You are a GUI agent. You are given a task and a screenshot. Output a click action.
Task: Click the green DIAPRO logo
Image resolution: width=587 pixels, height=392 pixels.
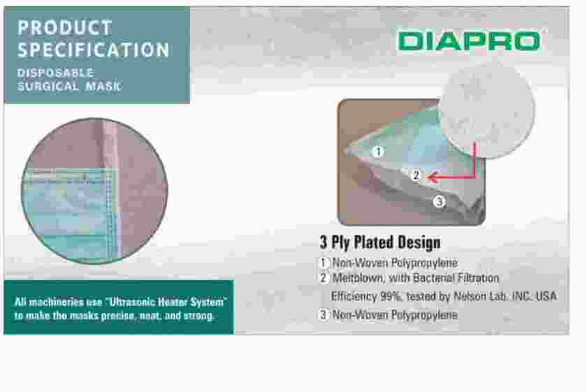[x=470, y=41]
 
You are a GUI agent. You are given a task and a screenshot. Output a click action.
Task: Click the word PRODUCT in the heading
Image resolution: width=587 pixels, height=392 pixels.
[x=65, y=28]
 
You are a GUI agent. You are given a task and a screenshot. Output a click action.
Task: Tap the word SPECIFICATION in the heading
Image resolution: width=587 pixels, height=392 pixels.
[x=94, y=50]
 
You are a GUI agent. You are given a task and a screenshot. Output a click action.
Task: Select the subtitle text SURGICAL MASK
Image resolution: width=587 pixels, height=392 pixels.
[x=69, y=87]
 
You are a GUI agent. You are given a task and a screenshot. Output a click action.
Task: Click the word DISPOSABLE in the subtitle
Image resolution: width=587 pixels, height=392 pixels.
[x=56, y=73]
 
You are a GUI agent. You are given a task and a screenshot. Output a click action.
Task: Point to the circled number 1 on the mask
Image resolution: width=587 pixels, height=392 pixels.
[x=378, y=152]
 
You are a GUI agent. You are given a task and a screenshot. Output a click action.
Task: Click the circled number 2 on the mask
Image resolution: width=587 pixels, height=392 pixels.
[x=416, y=175]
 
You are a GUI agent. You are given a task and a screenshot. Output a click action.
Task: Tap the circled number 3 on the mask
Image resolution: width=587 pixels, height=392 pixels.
[x=439, y=202]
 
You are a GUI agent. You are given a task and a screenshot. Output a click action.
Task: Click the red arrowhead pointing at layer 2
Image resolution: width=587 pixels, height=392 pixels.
[x=433, y=177]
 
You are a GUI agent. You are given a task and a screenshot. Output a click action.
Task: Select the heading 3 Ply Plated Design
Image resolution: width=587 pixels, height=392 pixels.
[x=380, y=242]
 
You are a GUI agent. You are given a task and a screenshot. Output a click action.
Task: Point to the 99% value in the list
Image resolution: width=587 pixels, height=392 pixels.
[x=391, y=296]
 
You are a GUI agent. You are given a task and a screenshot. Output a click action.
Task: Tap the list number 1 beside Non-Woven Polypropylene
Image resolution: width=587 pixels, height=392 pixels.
[x=324, y=263]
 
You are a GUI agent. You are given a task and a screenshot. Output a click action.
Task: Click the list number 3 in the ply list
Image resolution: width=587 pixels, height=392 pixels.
[x=324, y=314]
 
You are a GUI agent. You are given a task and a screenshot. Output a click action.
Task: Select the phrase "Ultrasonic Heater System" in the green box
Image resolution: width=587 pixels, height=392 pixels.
[x=166, y=302]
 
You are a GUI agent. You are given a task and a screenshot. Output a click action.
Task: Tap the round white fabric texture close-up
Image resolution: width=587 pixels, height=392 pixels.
[x=487, y=110]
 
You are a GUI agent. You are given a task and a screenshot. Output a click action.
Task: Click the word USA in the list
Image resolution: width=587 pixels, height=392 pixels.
[x=546, y=296]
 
